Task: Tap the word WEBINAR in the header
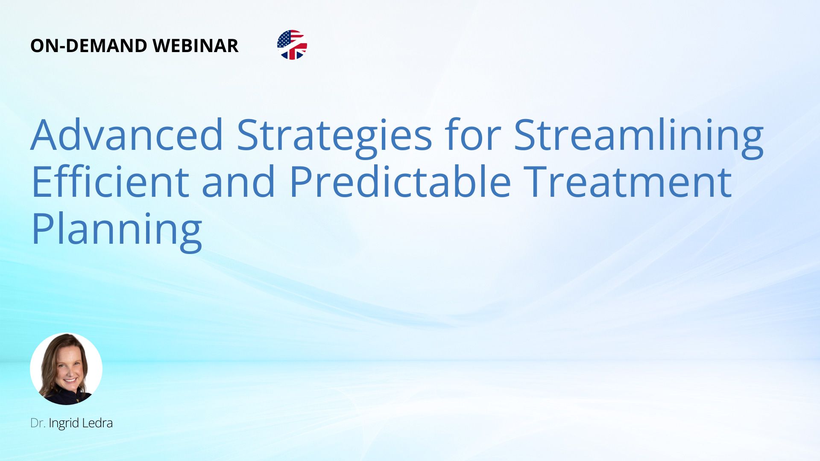(196, 46)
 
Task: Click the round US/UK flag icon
(292, 45)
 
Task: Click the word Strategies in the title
(334, 137)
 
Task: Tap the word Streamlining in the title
(639, 137)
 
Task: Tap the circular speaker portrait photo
(66, 369)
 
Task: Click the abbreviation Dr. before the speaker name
(38, 423)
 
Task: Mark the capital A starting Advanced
(45, 135)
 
